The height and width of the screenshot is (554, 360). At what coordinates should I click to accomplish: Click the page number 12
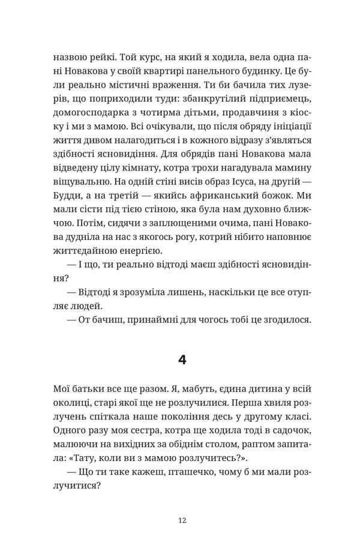pos(183,520)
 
